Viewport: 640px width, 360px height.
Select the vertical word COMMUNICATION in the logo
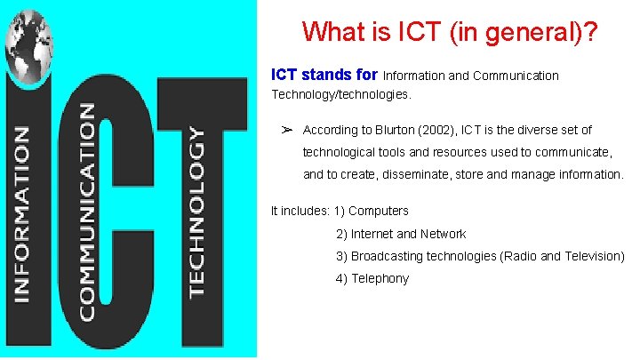coord(87,212)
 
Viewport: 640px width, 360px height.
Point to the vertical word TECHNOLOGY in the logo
coord(196,212)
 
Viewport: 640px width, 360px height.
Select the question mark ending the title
coord(589,32)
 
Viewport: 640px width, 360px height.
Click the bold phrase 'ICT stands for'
coord(325,76)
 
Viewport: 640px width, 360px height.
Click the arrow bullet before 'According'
coord(287,130)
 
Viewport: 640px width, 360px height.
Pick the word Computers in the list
coord(379,211)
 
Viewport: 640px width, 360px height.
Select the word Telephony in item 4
coord(380,278)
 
